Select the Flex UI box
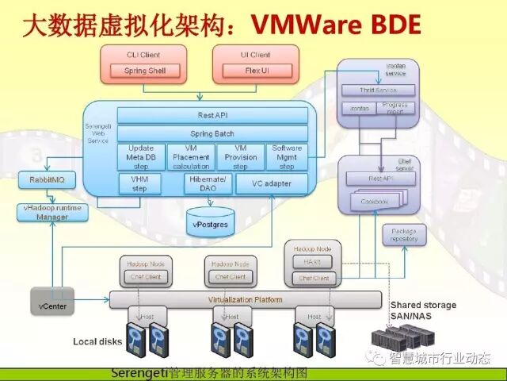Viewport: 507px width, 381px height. click(x=254, y=71)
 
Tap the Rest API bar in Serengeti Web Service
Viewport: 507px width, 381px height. click(x=212, y=116)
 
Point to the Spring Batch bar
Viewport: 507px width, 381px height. click(x=212, y=133)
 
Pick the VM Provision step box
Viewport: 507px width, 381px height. click(x=239, y=156)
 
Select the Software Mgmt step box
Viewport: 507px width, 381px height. click(x=286, y=156)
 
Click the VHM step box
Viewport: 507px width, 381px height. click(x=139, y=184)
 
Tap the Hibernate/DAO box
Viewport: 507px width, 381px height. click(x=206, y=184)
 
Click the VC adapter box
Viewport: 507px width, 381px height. click(x=271, y=184)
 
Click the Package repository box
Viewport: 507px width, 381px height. click(x=403, y=235)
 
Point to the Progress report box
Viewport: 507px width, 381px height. click(x=394, y=107)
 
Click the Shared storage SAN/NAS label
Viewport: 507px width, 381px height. click(x=422, y=310)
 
